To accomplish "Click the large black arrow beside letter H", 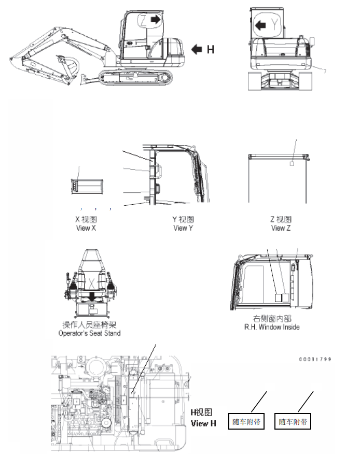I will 197,50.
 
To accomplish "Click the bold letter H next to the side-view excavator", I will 210,50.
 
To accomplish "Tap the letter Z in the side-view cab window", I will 144,21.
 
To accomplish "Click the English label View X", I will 86,228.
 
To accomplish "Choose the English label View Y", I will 183,228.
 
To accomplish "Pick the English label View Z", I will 281,228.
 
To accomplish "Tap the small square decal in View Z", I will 292,163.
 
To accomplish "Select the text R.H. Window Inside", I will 272,327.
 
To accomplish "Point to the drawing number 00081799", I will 314,359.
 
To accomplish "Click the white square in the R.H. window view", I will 278,297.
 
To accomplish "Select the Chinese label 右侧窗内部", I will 272,319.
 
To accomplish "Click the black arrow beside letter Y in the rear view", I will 262,23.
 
